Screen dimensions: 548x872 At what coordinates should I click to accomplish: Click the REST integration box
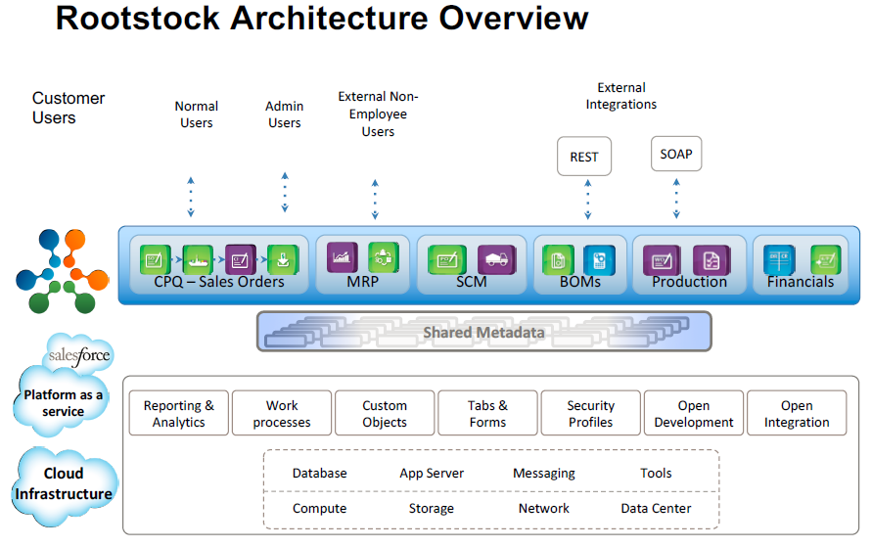click(x=583, y=157)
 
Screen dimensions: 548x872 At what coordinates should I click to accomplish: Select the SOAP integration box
click(x=676, y=155)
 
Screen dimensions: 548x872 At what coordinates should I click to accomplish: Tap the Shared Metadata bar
click(x=483, y=333)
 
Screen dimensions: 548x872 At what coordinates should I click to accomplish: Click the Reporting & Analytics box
click(x=178, y=414)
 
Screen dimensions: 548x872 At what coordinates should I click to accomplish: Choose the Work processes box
click(x=282, y=414)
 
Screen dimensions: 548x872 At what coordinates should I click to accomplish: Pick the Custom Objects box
click(x=385, y=414)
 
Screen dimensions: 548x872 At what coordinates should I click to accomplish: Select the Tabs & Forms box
click(x=487, y=414)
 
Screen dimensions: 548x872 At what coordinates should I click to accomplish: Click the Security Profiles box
click(x=591, y=414)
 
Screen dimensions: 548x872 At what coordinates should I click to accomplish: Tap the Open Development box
click(x=694, y=414)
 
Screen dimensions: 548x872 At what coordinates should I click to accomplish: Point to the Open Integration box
click(x=797, y=414)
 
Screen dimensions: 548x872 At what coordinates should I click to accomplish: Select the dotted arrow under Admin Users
click(x=285, y=194)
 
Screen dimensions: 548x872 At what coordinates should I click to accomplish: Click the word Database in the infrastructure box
click(x=319, y=474)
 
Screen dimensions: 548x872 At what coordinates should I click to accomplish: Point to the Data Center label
click(x=656, y=509)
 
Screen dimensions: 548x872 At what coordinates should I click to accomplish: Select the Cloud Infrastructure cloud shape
click(x=64, y=483)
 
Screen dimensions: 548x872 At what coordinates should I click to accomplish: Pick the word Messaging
click(x=544, y=474)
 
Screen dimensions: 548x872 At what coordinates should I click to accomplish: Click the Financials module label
click(x=801, y=283)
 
